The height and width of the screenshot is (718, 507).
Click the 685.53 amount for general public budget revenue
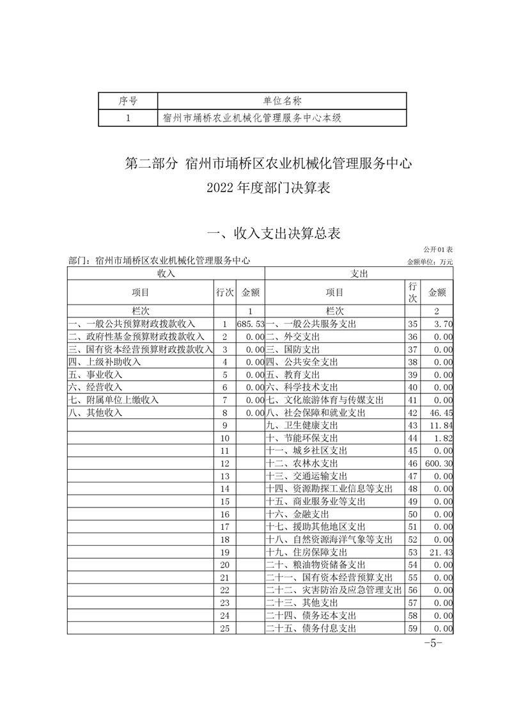coord(250,324)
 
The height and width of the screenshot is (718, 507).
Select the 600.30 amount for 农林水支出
coord(438,463)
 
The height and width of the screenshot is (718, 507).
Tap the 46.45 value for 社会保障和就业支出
coord(441,413)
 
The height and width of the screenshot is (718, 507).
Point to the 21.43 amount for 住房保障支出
coord(441,552)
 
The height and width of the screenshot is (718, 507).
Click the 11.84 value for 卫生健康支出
coord(441,426)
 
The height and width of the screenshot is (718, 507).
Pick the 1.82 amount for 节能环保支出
coord(442,438)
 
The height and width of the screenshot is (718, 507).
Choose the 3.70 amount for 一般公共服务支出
coord(442,324)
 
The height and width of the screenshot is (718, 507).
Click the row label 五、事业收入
coord(95,374)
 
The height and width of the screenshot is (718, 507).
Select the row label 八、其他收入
coord(95,413)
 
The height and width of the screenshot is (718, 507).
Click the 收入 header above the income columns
coord(166,273)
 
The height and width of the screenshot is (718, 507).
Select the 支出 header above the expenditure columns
coord(359,273)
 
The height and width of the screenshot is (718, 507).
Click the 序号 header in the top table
coord(128,100)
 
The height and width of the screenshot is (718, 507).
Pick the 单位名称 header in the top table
coord(282,100)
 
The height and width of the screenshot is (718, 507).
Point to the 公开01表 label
coord(437,248)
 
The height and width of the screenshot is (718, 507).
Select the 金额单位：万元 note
coord(430,262)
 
